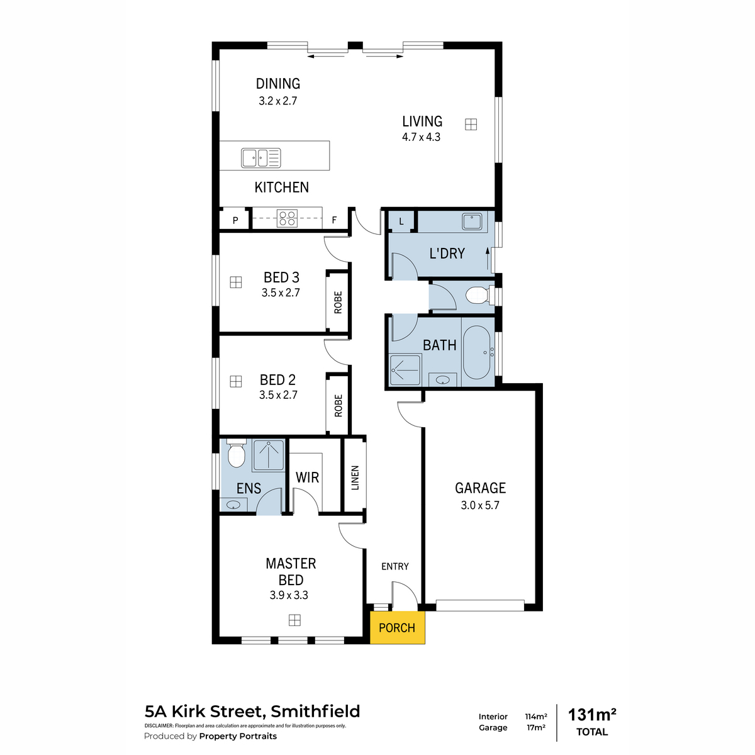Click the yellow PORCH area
point(397,627)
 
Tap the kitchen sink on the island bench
point(260,159)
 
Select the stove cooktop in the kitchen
point(287,218)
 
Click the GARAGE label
point(480,488)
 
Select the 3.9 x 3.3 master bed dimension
point(289,595)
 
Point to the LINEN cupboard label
point(355,478)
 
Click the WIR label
point(307,478)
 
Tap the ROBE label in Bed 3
point(338,303)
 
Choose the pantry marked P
point(235,220)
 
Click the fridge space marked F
point(334,220)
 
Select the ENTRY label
point(395,566)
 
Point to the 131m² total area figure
point(592,715)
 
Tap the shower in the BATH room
point(405,369)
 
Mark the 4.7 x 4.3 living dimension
point(421,137)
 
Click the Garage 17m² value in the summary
point(536,727)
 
